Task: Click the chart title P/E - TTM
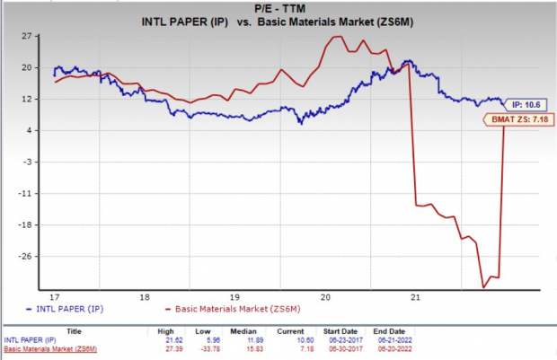click(278, 6)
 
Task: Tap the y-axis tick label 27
click(27, 37)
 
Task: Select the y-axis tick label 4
click(29, 130)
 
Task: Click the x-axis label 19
click(233, 296)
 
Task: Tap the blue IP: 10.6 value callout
click(521, 102)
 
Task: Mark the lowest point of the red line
click(484, 287)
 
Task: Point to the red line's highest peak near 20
click(338, 37)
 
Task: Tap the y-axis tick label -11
click(25, 193)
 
